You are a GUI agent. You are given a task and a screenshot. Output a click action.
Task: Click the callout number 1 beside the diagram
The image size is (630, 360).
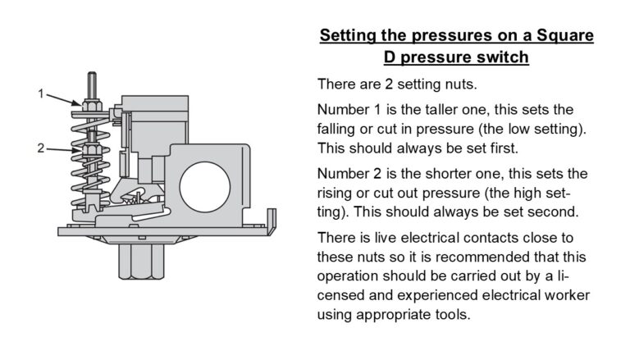click(41, 93)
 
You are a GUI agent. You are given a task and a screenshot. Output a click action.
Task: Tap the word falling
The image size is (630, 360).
click(339, 130)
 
